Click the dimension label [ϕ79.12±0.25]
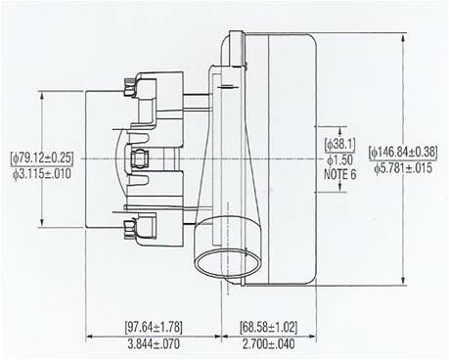click(x=42, y=158)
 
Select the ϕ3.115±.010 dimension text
click(x=42, y=174)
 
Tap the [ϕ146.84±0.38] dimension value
click(x=403, y=152)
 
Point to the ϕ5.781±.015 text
click(x=403, y=168)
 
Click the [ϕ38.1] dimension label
click(x=339, y=144)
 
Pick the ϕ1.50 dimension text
click(x=339, y=159)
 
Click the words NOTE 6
click(x=339, y=175)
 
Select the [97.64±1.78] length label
click(x=154, y=327)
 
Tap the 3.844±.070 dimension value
click(x=154, y=344)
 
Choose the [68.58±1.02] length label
click(x=269, y=327)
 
